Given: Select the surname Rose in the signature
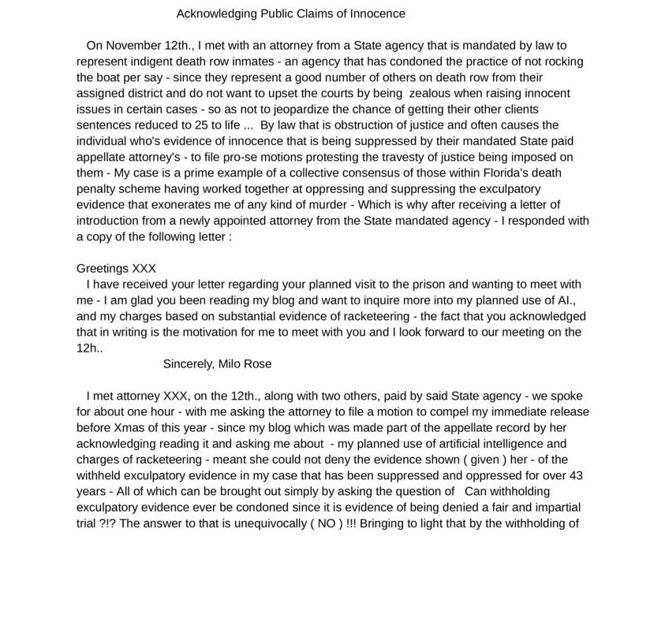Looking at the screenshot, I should tap(257, 363).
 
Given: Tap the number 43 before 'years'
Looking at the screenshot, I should tap(576, 475).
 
